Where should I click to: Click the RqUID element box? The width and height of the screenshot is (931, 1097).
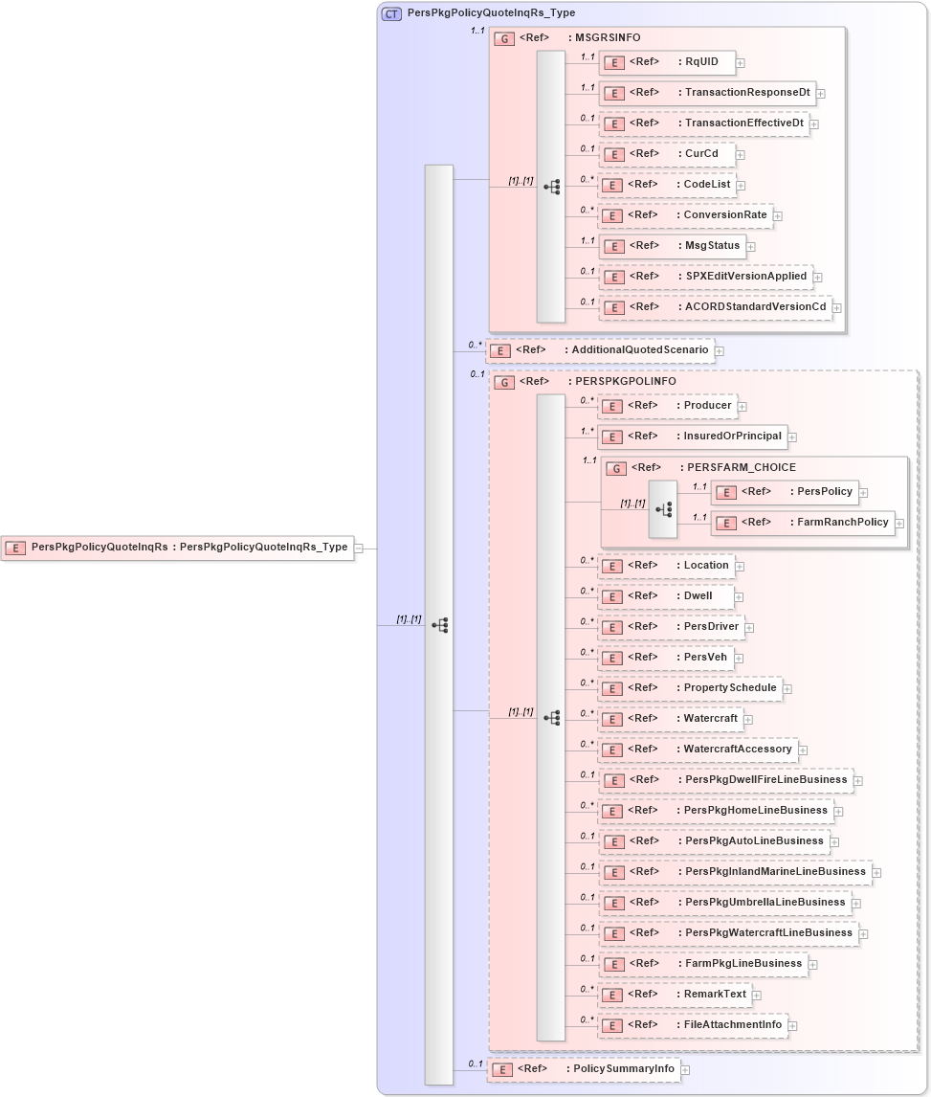tap(667, 62)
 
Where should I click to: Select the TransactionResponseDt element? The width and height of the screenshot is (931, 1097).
tap(707, 93)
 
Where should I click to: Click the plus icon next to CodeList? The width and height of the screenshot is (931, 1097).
tap(741, 185)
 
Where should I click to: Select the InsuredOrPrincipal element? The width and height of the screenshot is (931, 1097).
tap(692, 437)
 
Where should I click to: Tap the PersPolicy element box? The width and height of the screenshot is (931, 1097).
tap(784, 492)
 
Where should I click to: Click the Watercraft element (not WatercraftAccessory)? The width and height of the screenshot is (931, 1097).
tap(670, 719)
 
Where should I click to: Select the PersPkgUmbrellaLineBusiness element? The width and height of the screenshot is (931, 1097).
tap(723, 903)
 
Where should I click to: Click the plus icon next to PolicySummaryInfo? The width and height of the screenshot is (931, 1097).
tap(685, 1069)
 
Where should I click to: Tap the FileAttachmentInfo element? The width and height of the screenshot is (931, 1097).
tap(692, 1025)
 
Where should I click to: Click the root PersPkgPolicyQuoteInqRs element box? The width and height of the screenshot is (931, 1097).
tap(177, 548)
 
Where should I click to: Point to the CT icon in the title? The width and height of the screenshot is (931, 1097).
tap(391, 14)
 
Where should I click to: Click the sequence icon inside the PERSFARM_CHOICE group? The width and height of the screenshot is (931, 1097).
tap(663, 509)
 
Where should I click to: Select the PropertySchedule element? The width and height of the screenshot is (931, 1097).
tap(689, 688)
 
